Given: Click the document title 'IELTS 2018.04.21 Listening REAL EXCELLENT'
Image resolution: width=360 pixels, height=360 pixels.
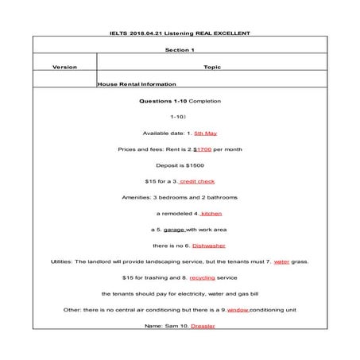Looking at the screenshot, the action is [x=180, y=33].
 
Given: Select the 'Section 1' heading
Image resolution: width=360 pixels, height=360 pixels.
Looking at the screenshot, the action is [x=180, y=49].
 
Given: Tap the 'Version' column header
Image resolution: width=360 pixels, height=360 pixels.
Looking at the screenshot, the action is [x=64, y=68].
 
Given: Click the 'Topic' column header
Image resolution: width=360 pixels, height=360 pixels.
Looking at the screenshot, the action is [x=211, y=68].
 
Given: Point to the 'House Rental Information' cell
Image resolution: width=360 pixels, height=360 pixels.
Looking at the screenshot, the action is [x=136, y=83].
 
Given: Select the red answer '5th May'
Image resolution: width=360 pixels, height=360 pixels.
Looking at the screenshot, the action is [x=205, y=133].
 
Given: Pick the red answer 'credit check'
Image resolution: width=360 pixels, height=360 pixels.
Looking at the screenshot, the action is [x=197, y=181].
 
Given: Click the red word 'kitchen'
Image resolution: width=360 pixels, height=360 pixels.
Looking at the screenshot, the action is [x=211, y=213].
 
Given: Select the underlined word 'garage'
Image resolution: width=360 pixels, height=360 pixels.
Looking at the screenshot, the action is [x=174, y=230].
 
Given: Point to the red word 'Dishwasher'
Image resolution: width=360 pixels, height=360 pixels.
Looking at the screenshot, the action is [x=209, y=246].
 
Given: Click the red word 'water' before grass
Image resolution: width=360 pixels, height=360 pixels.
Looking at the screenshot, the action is [x=281, y=261].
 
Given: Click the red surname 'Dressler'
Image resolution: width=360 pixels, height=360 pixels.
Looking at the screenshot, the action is [x=203, y=326].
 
